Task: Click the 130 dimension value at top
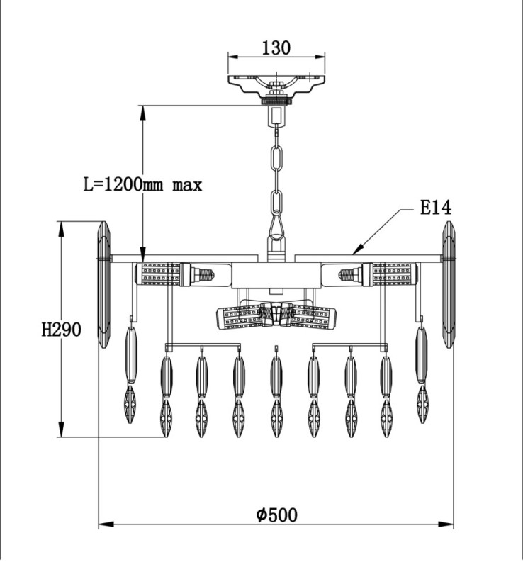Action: coord(276,47)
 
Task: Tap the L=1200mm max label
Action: coord(143,185)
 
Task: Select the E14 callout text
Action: coord(435,208)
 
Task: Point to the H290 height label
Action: coord(61,330)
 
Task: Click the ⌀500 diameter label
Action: coord(277,515)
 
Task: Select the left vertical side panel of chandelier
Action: coord(103,284)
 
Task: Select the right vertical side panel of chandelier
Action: coord(448,284)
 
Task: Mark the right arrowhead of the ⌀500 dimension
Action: coord(446,524)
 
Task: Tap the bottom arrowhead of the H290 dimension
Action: coord(62,430)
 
